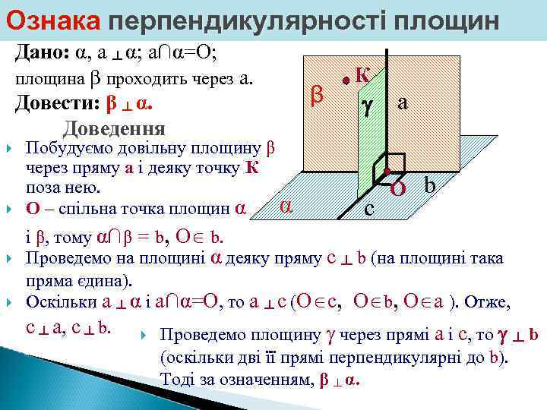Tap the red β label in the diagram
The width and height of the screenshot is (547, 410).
tap(319, 95)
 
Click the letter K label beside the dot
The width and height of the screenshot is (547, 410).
tap(362, 74)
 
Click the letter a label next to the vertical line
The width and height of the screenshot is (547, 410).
tap(403, 104)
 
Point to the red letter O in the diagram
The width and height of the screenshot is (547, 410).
tap(397, 188)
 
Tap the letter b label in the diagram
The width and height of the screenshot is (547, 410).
tap(430, 184)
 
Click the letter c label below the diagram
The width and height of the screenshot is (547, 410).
tap(368, 207)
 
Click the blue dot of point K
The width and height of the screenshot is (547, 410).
tap(345, 79)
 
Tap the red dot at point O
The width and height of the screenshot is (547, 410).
tap(387, 171)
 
